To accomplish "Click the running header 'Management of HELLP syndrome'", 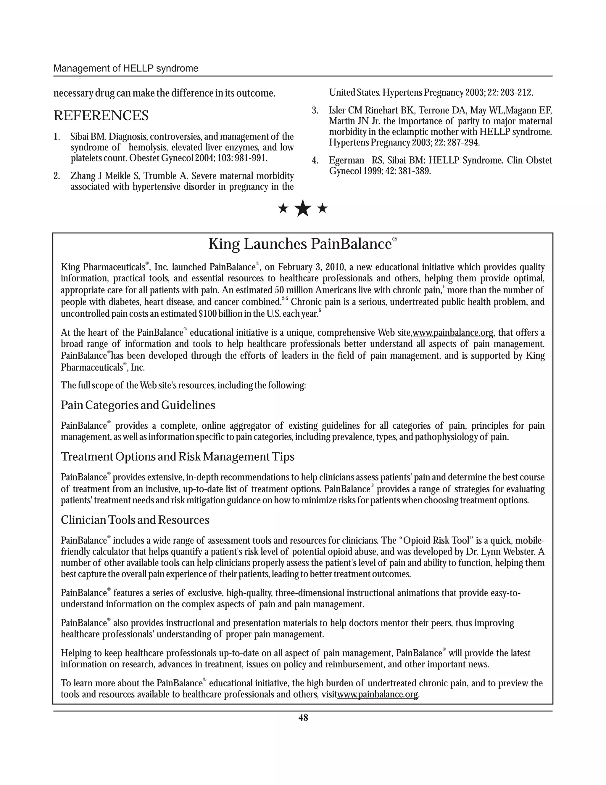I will (126, 68).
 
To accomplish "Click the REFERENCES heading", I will (101, 116).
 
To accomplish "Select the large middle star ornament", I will (303, 209).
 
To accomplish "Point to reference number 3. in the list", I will (315, 110).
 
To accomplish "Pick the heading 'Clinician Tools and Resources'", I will (135, 520).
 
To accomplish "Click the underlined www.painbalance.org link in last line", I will (377, 694).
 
